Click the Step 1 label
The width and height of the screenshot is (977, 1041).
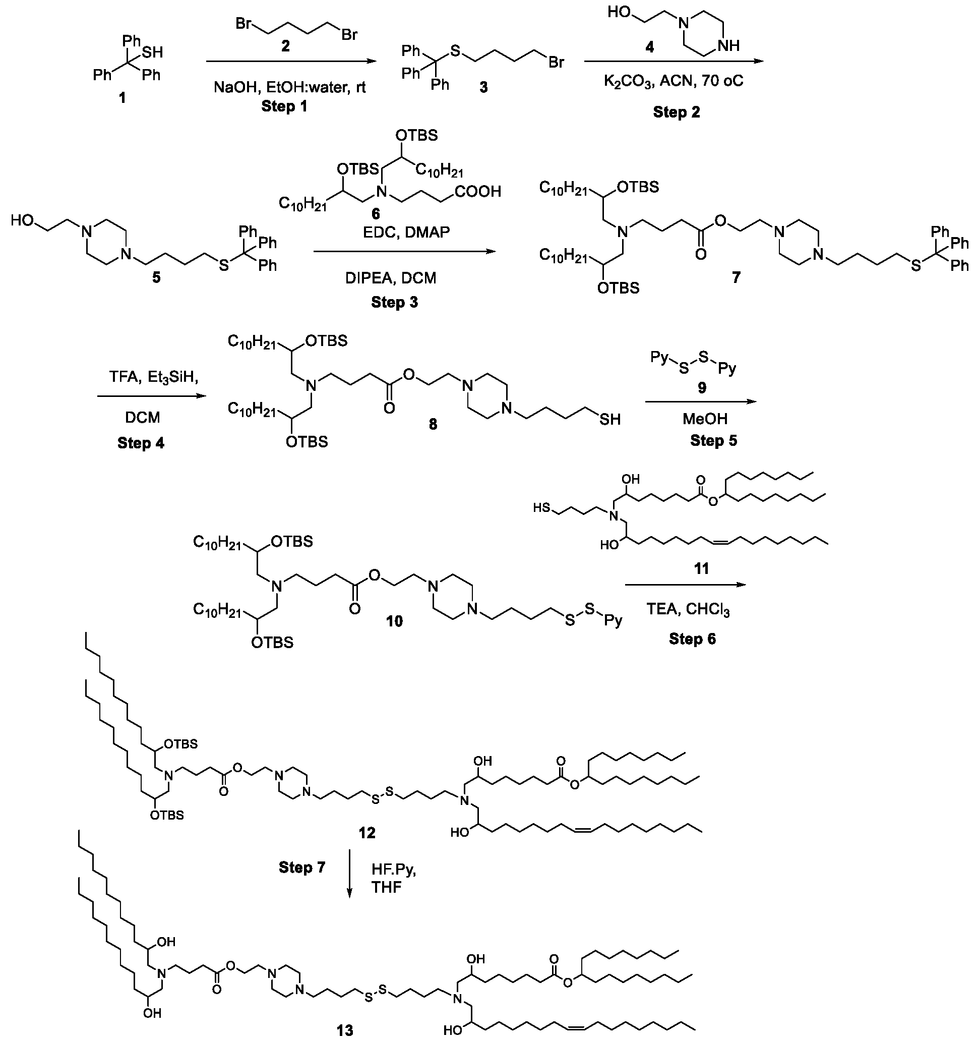pyautogui.click(x=284, y=106)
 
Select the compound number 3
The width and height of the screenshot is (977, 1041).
pyautogui.click(x=483, y=87)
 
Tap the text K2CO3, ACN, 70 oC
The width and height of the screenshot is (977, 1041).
pyautogui.click(x=674, y=82)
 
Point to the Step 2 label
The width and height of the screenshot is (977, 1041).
pyautogui.click(x=676, y=112)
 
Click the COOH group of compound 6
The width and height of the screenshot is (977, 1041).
pyautogui.click(x=478, y=192)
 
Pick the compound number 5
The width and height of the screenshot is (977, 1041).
pyautogui.click(x=156, y=277)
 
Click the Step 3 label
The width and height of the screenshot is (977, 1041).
pyautogui.click(x=395, y=302)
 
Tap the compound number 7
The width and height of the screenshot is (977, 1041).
pyautogui.click(x=737, y=277)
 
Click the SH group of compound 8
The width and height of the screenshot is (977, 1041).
pyautogui.click(x=610, y=420)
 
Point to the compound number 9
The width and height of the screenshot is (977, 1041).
pyautogui.click(x=702, y=387)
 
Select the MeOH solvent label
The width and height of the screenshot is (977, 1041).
pyautogui.click(x=704, y=419)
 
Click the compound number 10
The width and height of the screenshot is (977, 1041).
pyautogui.click(x=394, y=621)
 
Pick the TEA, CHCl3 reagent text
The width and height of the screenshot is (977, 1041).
pyautogui.click(x=688, y=609)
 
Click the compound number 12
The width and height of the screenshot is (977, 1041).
pyautogui.click(x=367, y=833)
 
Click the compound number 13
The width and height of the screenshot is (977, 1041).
pyautogui.click(x=345, y=1031)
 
